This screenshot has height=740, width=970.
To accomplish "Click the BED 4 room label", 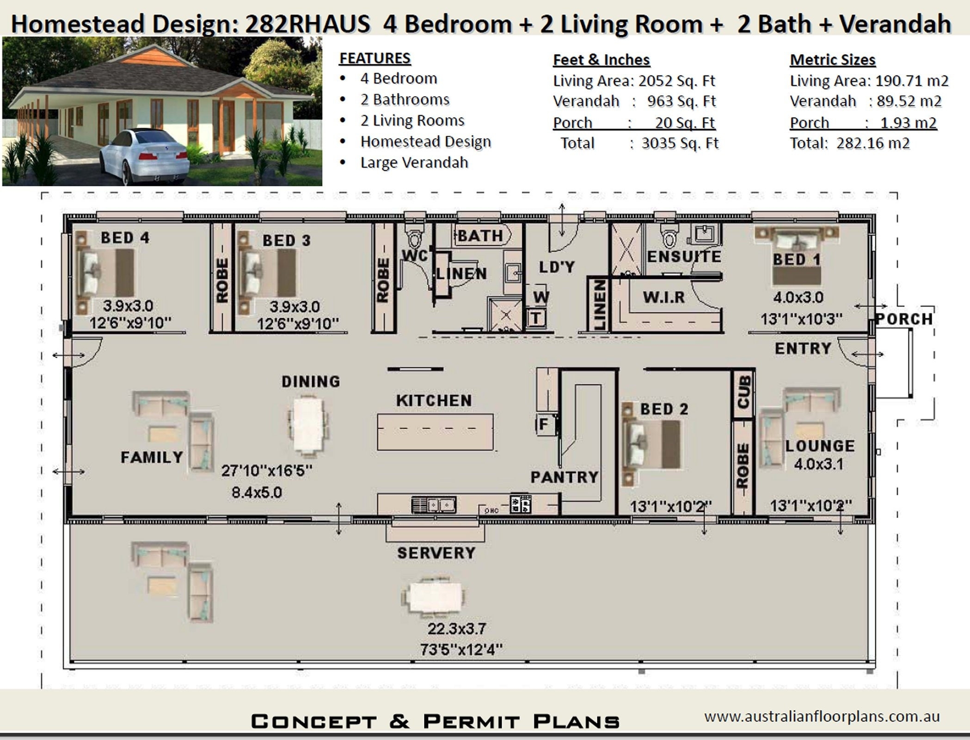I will (x=125, y=238).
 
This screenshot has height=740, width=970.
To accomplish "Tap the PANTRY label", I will (x=564, y=477).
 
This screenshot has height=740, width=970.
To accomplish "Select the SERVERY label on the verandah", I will (x=436, y=553).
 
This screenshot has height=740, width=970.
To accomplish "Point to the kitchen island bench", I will (x=435, y=432).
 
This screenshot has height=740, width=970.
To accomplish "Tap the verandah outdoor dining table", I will (x=434, y=596).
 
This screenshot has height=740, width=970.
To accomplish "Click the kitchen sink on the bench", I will (x=434, y=504).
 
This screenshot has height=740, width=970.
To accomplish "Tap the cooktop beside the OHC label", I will (x=520, y=504).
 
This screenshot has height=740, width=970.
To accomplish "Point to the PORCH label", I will (x=904, y=319).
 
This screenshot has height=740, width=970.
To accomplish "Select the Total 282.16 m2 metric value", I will (x=849, y=143).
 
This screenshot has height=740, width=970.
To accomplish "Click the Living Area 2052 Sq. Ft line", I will (x=633, y=81).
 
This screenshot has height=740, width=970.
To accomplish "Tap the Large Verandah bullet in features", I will (x=414, y=163).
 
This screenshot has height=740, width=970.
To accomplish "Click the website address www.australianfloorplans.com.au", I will (x=822, y=716).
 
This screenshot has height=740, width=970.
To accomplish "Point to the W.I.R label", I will (x=663, y=297).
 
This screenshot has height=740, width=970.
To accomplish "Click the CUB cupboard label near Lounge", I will (x=743, y=393).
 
